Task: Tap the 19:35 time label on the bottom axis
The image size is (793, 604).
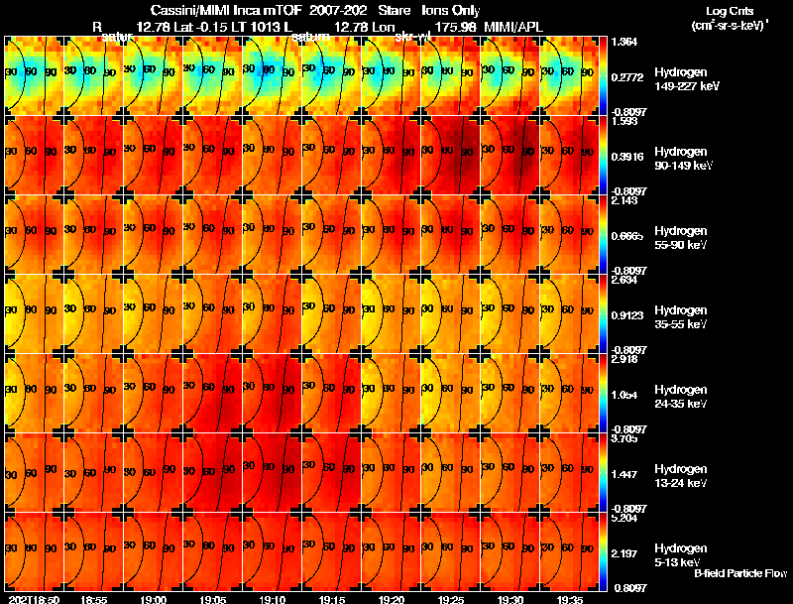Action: (x=571, y=599)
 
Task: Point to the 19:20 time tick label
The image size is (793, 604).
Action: (x=392, y=599)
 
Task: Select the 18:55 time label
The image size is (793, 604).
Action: (x=94, y=599)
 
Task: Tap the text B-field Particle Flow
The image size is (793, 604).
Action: (x=740, y=573)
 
